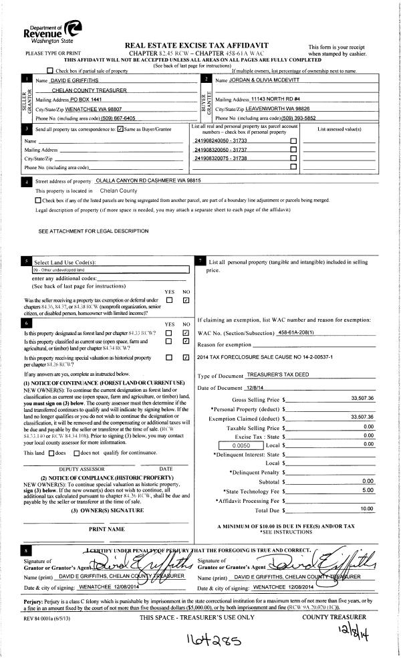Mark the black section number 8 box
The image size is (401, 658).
(26, 548)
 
